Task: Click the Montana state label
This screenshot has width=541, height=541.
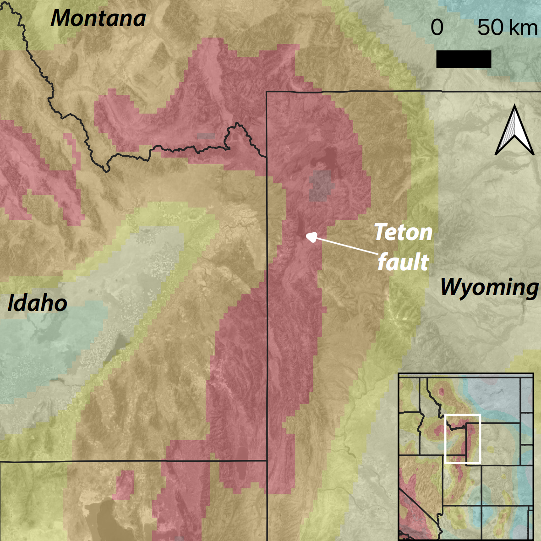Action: point(98,18)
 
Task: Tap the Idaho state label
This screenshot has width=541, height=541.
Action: point(38,304)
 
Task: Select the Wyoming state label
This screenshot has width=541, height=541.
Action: point(489,288)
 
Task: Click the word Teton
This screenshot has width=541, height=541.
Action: point(403,233)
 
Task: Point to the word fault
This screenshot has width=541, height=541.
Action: point(403,262)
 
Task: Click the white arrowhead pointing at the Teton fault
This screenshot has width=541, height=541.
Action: point(311,237)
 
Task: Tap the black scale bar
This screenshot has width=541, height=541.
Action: point(463,59)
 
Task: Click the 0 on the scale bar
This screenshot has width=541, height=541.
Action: point(437,28)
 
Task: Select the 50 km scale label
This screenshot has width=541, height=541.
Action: point(507,28)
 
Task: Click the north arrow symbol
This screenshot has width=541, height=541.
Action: point(514,130)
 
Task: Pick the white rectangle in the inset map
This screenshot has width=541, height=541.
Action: point(463,438)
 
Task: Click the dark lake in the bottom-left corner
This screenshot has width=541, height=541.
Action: point(108,518)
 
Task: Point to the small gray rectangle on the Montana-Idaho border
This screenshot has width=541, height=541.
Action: point(206,136)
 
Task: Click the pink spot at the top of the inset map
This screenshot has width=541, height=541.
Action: point(442,392)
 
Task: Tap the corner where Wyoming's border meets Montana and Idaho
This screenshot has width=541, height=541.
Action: point(267,157)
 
